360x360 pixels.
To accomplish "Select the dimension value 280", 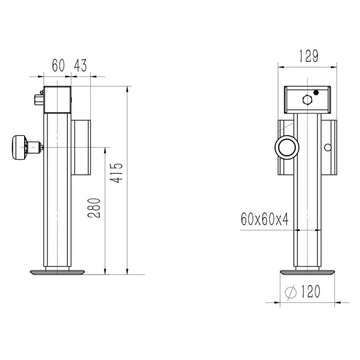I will tap(95, 208).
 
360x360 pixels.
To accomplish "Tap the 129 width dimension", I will tap(308, 56).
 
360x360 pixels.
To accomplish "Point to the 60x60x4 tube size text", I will tap(265, 220).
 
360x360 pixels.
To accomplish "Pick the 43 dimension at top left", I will tap(80, 66).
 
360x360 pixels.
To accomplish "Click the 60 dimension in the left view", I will tap(58, 66).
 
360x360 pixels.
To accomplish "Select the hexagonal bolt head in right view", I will tap(307, 100).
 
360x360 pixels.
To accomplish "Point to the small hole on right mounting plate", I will tap(327, 147).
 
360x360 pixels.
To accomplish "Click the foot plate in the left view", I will tap(58, 272).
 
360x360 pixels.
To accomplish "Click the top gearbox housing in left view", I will tap(57, 100).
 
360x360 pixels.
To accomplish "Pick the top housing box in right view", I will tap(307, 100).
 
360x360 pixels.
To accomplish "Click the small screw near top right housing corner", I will tap(316, 92).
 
